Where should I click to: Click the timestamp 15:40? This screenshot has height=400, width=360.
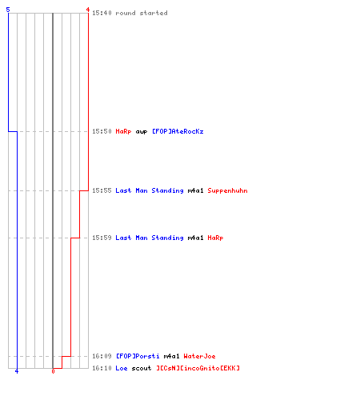[x=102, y=13]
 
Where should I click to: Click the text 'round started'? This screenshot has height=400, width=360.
[x=142, y=13]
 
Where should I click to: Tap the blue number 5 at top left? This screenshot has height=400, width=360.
[x=8, y=10]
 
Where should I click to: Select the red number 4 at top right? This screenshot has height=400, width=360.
[x=88, y=10]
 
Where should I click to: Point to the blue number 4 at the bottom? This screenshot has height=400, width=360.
[x=17, y=371]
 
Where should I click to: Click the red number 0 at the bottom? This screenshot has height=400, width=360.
[x=53, y=371]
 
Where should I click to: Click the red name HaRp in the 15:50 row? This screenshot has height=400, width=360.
[x=123, y=131]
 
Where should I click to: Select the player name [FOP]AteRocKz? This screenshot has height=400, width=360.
[x=178, y=131]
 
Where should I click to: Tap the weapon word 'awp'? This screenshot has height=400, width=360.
[x=142, y=132]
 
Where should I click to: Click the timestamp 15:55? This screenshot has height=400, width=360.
[x=102, y=190]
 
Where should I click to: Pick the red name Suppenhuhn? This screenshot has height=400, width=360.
[x=227, y=190]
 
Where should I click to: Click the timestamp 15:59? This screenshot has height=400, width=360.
[x=102, y=238]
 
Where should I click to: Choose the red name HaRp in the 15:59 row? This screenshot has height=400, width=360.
[x=215, y=238]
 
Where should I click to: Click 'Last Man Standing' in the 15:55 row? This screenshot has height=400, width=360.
[x=150, y=190]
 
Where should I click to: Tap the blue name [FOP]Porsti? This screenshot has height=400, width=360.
[x=138, y=356]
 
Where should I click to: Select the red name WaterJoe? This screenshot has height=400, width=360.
[x=199, y=356]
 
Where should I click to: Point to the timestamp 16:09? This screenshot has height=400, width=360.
[x=102, y=356]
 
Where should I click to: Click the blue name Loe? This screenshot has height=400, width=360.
[x=122, y=368]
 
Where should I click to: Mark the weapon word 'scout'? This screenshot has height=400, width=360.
[x=142, y=368]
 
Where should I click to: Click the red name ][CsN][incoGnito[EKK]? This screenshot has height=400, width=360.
[x=198, y=368]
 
